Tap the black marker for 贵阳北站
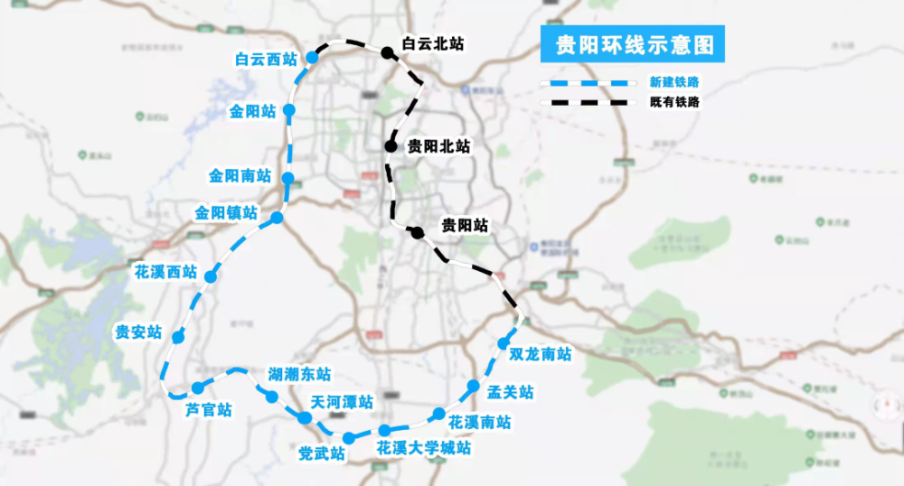[x=391, y=145]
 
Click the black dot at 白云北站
[x=387, y=53]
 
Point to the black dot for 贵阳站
[x=417, y=233]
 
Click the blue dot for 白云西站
[x=313, y=58]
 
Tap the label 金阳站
[x=252, y=111]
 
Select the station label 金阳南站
[x=240, y=175]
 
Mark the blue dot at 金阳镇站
[x=277, y=218]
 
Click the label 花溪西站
[x=165, y=271]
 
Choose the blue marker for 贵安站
[x=178, y=337]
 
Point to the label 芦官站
[x=209, y=409]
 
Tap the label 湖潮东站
[x=299, y=374]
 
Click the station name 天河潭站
[x=341, y=401]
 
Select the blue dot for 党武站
[x=348, y=439]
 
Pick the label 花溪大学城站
[x=423, y=448]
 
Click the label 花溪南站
[x=479, y=422]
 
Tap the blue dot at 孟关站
[x=473, y=387]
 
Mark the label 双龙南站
[x=540, y=354]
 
